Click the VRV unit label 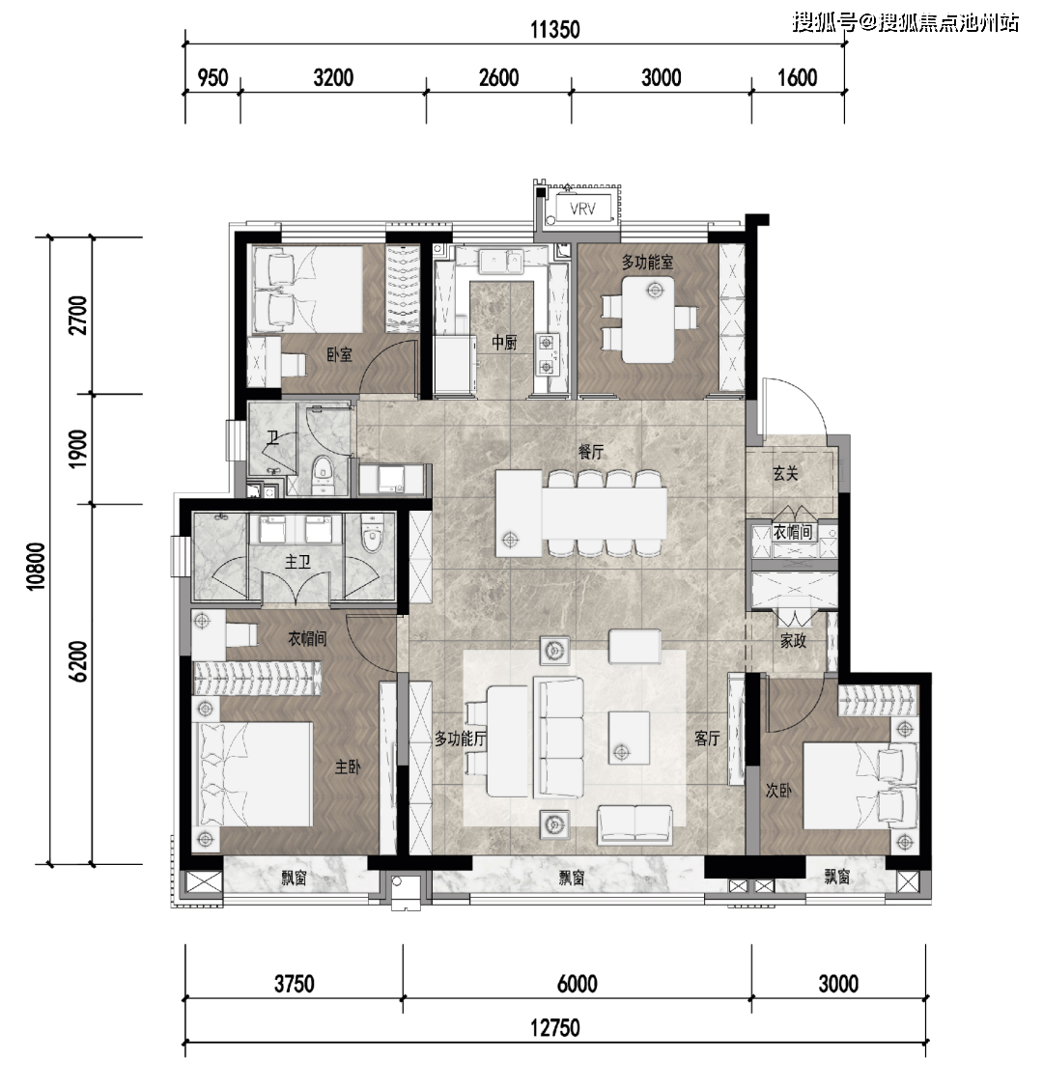pyautogui.click(x=582, y=209)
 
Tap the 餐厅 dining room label pyautogui.click(x=591, y=452)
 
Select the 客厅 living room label pyautogui.click(x=707, y=739)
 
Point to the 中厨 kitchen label pyautogui.click(x=504, y=342)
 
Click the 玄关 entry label pyautogui.click(x=785, y=474)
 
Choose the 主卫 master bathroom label pyautogui.click(x=297, y=561)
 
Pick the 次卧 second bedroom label pyautogui.click(x=778, y=791)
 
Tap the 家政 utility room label pyautogui.click(x=793, y=640)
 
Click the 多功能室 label pyautogui.click(x=647, y=263)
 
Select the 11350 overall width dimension pyautogui.click(x=555, y=30)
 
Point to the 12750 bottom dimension pyautogui.click(x=555, y=1027)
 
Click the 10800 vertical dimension pyautogui.click(x=36, y=566)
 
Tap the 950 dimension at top pyautogui.click(x=212, y=77)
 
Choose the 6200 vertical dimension pyautogui.click(x=78, y=661)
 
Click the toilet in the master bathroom pyautogui.click(x=373, y=534)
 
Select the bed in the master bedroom pyautogui.click(x=255, y=774)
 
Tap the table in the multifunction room pyautogui.click(x=648, y=320)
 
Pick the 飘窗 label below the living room pyautogui.click(x=573, y=878)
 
